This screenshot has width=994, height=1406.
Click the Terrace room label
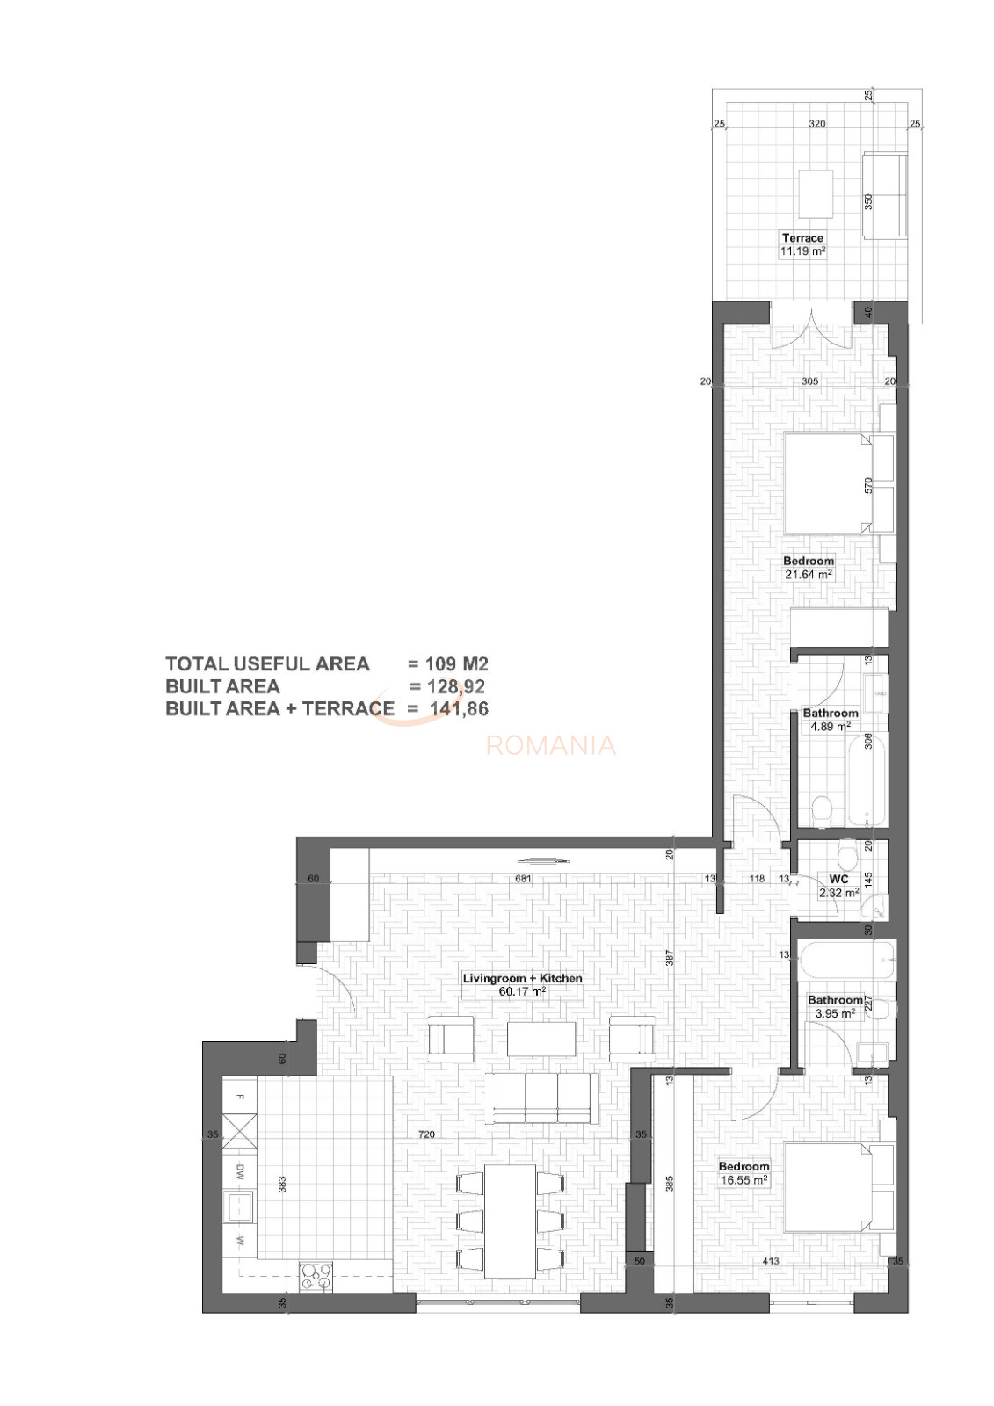click(x=802, y=238)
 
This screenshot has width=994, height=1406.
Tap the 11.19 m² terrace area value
click(x=802, y=251)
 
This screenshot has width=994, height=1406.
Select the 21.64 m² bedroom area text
click(x=809, y=574)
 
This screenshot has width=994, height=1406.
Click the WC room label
click(x=838, y=880)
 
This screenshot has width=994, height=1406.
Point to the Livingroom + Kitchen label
click(x=522, y=978)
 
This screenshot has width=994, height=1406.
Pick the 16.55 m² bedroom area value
click(x=744, y=1180)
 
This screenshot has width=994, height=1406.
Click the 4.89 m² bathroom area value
click(x=831, y=726)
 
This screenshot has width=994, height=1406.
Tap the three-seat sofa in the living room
click(x=541, y=1098)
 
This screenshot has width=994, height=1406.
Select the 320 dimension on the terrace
click(x=816, y=124)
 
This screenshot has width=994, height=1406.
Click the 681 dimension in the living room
click(x=522, y=879)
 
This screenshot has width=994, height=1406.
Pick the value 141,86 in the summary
click(x=459, y=708)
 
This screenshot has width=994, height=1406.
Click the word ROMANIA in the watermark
click(x=551, y=745)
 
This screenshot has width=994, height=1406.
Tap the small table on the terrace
click(x=815, y=194)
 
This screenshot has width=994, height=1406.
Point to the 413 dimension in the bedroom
click(x=771, y=1261)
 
